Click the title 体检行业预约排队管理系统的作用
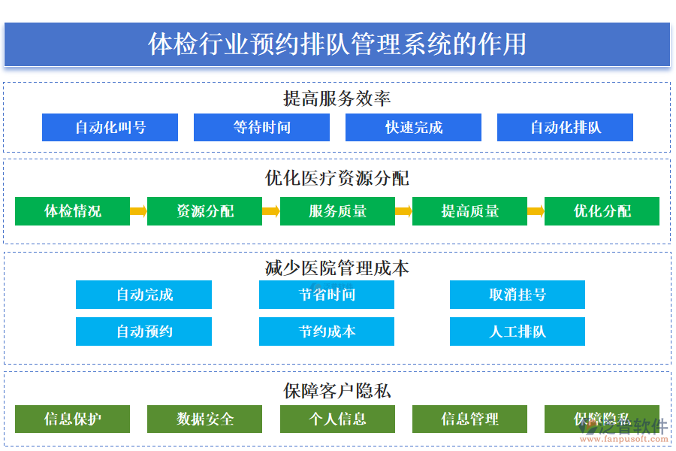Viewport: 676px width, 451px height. (337, 44)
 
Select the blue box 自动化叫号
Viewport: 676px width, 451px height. (110, 128)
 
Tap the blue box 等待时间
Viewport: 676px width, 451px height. (261, 128)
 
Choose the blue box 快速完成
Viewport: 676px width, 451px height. (413, 128)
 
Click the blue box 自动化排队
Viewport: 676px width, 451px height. (565, 128)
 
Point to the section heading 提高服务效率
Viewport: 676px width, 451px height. (337, 98)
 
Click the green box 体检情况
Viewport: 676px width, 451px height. (72, 211)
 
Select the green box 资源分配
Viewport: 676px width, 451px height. (204, 211)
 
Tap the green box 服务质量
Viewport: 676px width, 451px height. (337, 211)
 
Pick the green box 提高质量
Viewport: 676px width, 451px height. (469, 211)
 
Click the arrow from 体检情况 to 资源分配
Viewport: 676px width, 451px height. (138, 211)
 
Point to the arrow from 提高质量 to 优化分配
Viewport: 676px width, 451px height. (536, 211)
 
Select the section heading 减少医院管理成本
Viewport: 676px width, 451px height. (337, 268)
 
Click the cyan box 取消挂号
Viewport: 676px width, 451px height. (517, 295)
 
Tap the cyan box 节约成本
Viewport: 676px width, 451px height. (326, 331)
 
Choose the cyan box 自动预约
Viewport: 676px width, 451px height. (143, 331)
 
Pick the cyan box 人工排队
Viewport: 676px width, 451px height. (517, 331)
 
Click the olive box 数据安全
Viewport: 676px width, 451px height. (204, 419)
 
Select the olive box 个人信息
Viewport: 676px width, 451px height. (337, 419)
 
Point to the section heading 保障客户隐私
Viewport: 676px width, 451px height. (337, 391)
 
